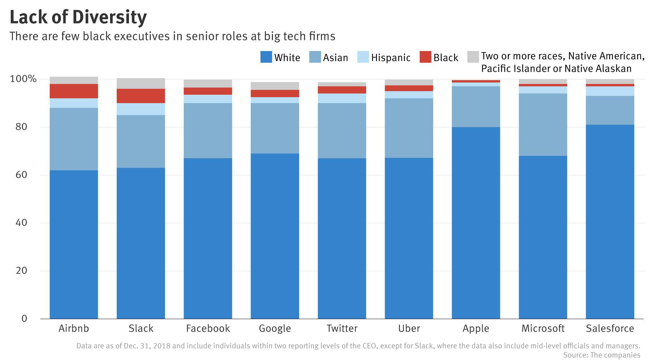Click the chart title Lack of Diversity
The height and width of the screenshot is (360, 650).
[78, 17]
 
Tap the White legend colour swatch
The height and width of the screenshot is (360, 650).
[266, 57]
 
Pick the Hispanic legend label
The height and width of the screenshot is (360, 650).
[391, 58]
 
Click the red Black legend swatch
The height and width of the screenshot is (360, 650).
[425, 57]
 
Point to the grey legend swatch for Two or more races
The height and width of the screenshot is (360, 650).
[473, 57]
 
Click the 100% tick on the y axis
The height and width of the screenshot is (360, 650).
[23, 79]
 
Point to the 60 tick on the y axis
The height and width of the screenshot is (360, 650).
[21, 175]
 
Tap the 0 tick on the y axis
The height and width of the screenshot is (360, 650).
[24, 318]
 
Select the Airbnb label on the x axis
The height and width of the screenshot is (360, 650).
[74, 329]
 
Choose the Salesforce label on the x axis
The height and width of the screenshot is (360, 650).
[610, 329]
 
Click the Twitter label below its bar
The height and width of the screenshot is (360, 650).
[342, 329]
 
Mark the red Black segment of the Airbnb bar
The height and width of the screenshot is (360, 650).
[74, 91]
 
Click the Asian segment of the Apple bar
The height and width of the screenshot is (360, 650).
[476, 107]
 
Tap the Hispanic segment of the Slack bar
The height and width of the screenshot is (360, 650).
[141, 109]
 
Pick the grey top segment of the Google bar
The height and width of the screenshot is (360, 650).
[275, 86]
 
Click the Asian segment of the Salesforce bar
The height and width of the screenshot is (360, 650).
[610, 110]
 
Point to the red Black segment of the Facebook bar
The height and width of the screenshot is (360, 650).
[208, 91]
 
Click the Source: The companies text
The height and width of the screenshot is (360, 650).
[601, 355]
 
